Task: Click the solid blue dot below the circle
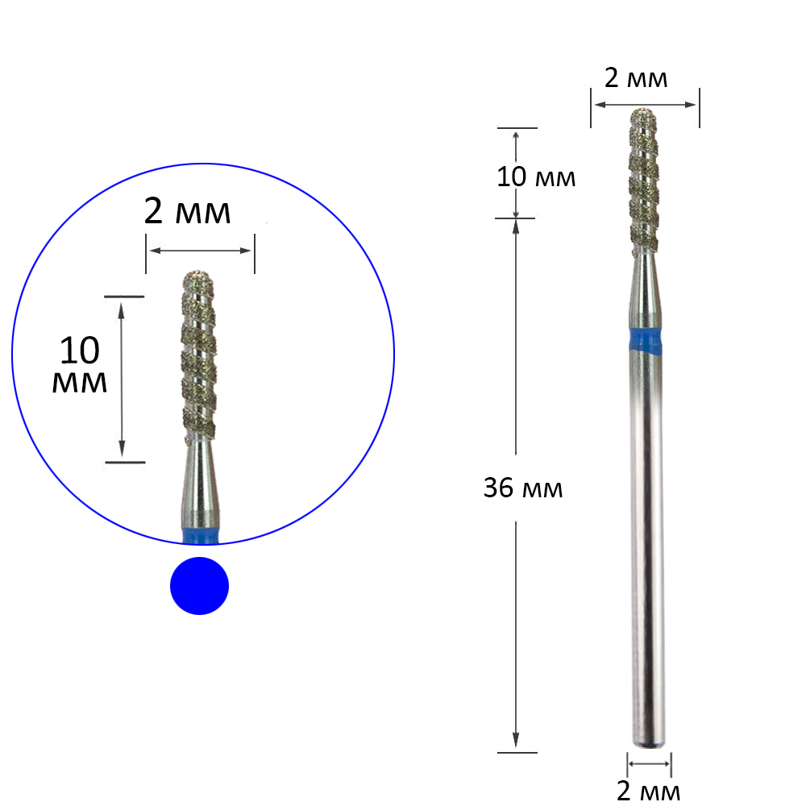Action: tap(199, 585)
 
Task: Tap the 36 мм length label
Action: tap(523, 488)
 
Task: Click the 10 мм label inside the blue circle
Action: tap(80, 364)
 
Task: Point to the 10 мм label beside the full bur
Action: tap(536, 177)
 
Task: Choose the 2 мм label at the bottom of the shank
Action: tap(648, 791)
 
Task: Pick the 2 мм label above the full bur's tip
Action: tap(636, 78)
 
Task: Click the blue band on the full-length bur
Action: tap(646, 340)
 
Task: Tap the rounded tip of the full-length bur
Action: tap(643, 111)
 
